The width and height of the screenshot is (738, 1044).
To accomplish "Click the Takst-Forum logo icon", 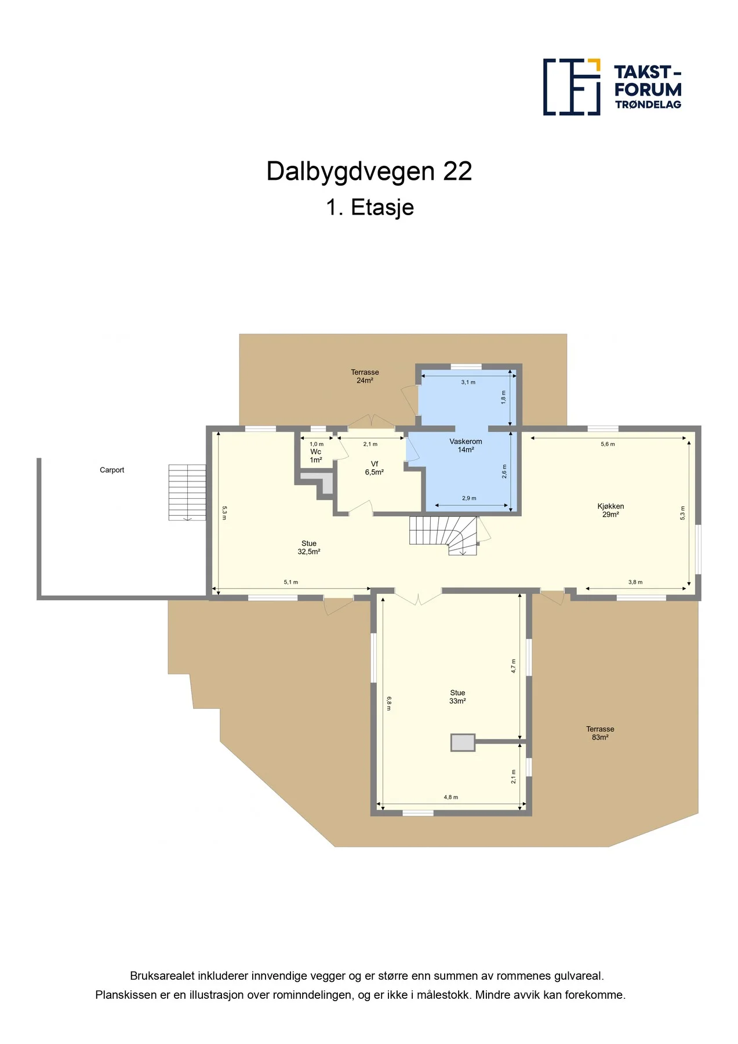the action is click(x=571, y=87).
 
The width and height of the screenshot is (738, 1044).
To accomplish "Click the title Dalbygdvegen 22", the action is click(x=369, y=171).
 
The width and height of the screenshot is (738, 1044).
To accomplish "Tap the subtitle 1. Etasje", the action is click(x=370, y=207).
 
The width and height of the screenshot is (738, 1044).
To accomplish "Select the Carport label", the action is click(x=112, y=470).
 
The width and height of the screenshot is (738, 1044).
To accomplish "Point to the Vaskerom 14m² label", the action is click(x=466, y=445).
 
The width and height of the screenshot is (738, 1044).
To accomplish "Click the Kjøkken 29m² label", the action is click(x=610, y=510).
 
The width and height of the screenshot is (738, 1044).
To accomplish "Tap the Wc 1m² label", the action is click(x=315, y=456).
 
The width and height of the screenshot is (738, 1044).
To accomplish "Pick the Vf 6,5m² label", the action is click(x=375, y=468).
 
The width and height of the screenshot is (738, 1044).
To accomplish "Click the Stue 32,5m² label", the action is click(x=309, y=548).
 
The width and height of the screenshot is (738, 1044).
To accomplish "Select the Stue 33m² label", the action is click(x=457, y=697).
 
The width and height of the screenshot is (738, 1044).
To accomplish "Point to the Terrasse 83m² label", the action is click(x=600, y=733).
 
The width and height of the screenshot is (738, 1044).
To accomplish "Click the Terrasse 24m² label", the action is click(x=365, y=376).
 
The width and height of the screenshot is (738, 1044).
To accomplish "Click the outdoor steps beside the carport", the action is click(x=187, y=492).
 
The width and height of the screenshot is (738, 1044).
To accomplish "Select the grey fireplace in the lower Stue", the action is click(x=463, y=743).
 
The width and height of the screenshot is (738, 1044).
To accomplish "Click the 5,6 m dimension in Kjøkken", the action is click(x=608, y=444).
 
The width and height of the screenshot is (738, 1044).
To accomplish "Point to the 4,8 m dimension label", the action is click(x=451, y=797).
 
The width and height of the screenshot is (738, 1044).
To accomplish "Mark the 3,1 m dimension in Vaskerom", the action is click(x=468, y=382).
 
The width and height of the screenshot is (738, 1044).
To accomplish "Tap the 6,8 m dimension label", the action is click(x=389, y=703).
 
